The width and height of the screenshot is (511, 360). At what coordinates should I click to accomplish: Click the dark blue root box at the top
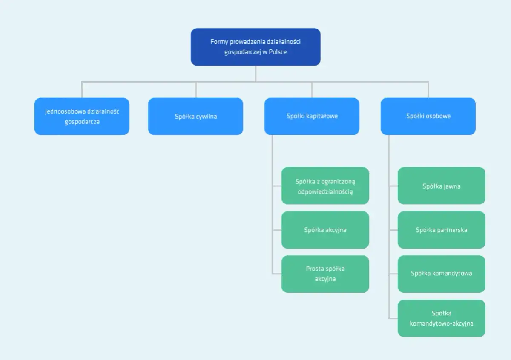point(255,47)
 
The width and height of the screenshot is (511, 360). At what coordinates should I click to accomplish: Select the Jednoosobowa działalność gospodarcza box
point(82,116)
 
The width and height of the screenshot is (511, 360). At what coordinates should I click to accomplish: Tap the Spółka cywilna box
point(195,116)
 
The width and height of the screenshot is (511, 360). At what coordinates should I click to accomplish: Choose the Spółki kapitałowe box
point(312,116)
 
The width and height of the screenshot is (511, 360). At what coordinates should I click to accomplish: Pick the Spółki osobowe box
point(428,116)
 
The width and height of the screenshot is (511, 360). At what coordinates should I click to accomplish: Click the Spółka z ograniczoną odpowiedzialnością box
point(325,186)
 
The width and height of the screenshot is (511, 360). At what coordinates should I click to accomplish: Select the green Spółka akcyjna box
point(325,230)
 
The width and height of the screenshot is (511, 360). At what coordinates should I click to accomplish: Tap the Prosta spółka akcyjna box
point(325,274)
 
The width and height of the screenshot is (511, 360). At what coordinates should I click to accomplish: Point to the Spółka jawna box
point(441,186)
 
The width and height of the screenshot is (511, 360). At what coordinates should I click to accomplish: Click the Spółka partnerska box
point(441,230)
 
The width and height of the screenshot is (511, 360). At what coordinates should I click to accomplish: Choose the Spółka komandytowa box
point(441,274)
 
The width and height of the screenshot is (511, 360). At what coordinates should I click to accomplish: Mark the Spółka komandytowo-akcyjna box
point(441,318)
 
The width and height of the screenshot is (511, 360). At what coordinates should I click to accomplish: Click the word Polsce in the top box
point(277,52)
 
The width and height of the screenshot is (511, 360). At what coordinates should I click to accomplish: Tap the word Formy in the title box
point(219,42)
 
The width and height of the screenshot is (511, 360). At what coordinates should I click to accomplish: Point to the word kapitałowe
point(322,116)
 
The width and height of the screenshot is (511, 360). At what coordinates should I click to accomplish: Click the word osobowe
point(439,116)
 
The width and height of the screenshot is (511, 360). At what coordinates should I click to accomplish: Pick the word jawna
point(451,186)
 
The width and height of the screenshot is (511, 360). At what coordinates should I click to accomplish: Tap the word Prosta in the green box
point(315,269)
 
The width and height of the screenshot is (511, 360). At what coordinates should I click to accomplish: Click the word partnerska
point(452,230)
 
